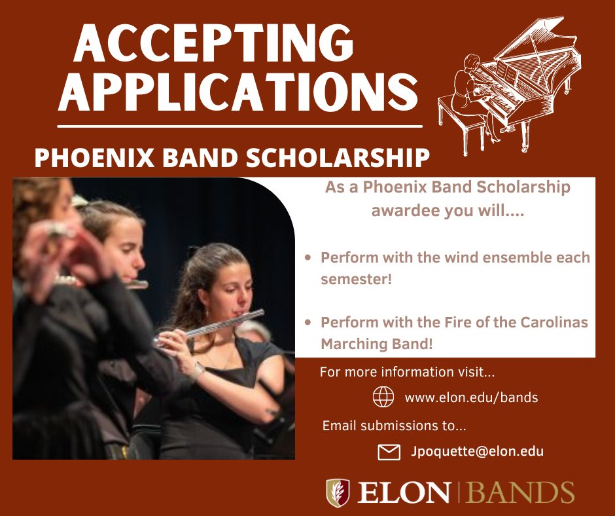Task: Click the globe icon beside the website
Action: click(x=383, y=397)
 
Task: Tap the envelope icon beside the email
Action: click(x=389, y=452)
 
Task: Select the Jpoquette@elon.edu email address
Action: click(x=477, y=451)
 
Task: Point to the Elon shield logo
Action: click(x=338, y=492)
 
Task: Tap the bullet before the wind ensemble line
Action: click(x=308, y=257)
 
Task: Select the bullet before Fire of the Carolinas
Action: click(x=308, y=322)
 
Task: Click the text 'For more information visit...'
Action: click(x=407, y=373)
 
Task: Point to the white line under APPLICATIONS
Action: click(x=239, y=124)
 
